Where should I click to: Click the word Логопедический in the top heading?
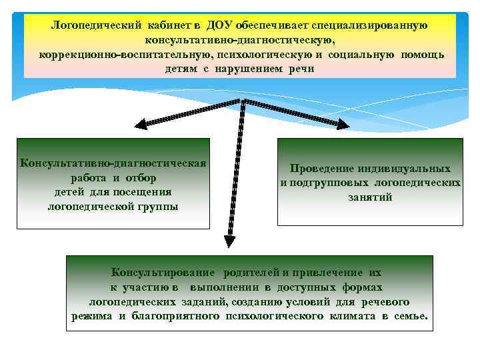point(93,25)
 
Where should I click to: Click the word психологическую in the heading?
point(269,54)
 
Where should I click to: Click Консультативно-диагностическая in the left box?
point(113,163)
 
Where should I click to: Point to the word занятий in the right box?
point(369,197)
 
